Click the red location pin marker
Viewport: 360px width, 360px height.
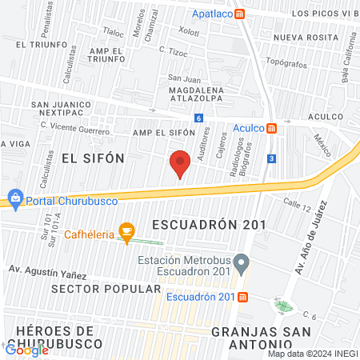pos(181,164)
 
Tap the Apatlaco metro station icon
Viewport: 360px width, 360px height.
pos(251,14)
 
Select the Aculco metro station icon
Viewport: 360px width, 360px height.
pos(272,128)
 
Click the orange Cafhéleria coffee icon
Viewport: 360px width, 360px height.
pos(126,231)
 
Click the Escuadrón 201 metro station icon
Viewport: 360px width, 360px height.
pos(243,298)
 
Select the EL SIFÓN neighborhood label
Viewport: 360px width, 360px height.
pos(93,158)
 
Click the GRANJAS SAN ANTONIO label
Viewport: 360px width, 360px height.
pos(265,337)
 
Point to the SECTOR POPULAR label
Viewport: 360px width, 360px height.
pos(90,287)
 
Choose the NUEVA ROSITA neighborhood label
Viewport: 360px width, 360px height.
pos(302,38)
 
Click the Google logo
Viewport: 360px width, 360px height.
pos(27,350)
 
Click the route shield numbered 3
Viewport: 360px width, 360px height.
pos(272,158)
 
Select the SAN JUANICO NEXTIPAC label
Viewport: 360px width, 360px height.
pos(62,110)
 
